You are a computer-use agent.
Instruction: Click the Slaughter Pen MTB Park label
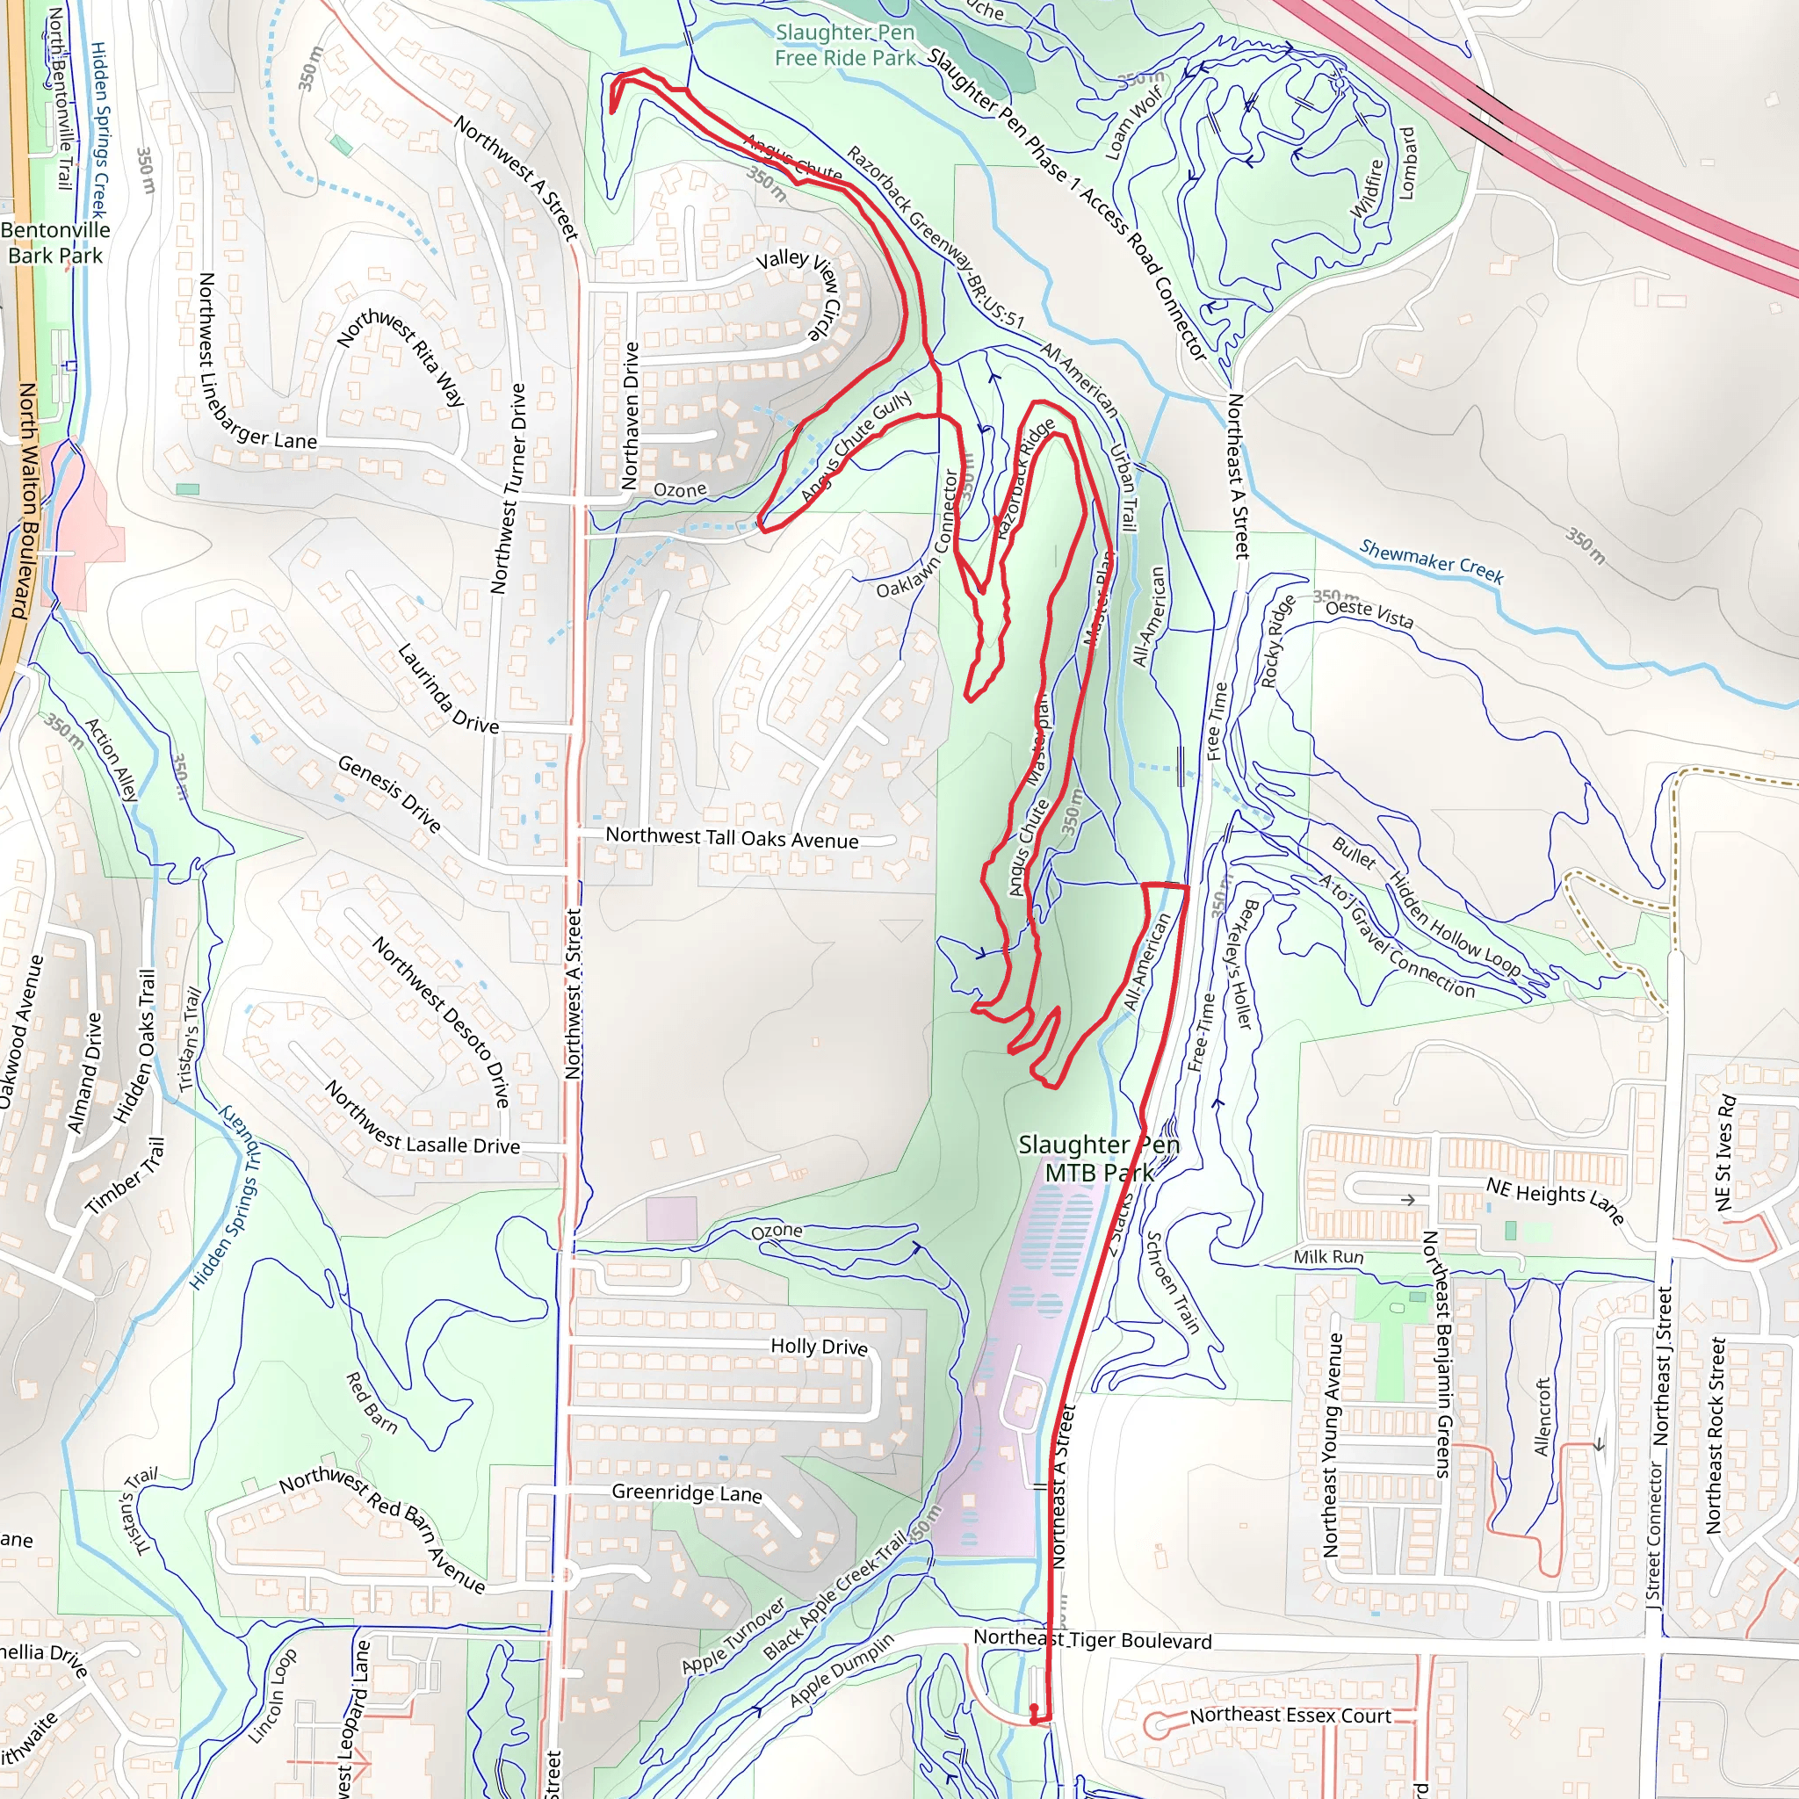tap(1099, 1159)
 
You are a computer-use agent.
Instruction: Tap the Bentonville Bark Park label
tap(56, 242)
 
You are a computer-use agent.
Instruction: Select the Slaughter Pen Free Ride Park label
tap(846, 45)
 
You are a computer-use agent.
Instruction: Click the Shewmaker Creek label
tap(1431, 561)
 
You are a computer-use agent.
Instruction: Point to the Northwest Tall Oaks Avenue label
tap(732, 837)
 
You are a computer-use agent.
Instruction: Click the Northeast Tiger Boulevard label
tap(1092, 1640)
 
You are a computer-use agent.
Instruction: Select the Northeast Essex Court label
tap(1290, 1716)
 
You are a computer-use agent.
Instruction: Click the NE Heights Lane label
tap(1554, 1200)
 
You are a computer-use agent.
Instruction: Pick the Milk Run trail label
tap(1328, 1257)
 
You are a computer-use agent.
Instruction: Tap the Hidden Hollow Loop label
tap(1455, 925)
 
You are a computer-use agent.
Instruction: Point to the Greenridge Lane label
tap(686, 1492)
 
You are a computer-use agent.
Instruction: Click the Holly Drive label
tap(819, 1347)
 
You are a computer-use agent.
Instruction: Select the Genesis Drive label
tap(389, 793)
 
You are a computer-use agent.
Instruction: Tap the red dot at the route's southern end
tap(1034, 1709)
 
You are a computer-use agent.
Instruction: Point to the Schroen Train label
tap(1172, 1282)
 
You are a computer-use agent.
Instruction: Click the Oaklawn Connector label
tap(918, 534)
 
